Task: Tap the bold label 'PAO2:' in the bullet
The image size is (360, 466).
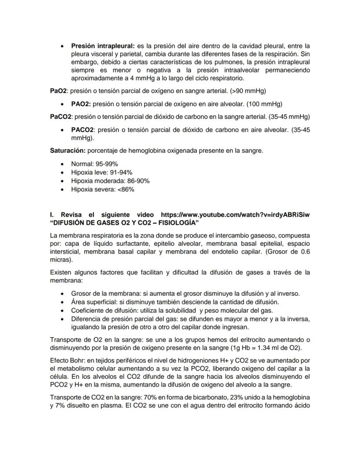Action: pyautogui.click(x=81, y=104)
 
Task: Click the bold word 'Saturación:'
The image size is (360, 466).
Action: pyautogui.click(x=68, y=151)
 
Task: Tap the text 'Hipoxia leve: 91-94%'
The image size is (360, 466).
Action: pyautogui.click(x=102, y=172)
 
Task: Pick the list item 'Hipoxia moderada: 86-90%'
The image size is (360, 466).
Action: pyautogui.click(x=110, y=181)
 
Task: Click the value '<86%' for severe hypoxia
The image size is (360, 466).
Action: pyautogui.click(x=126, y=189)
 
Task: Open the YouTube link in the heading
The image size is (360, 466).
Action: pyautogui.click(x=238, y=215)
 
